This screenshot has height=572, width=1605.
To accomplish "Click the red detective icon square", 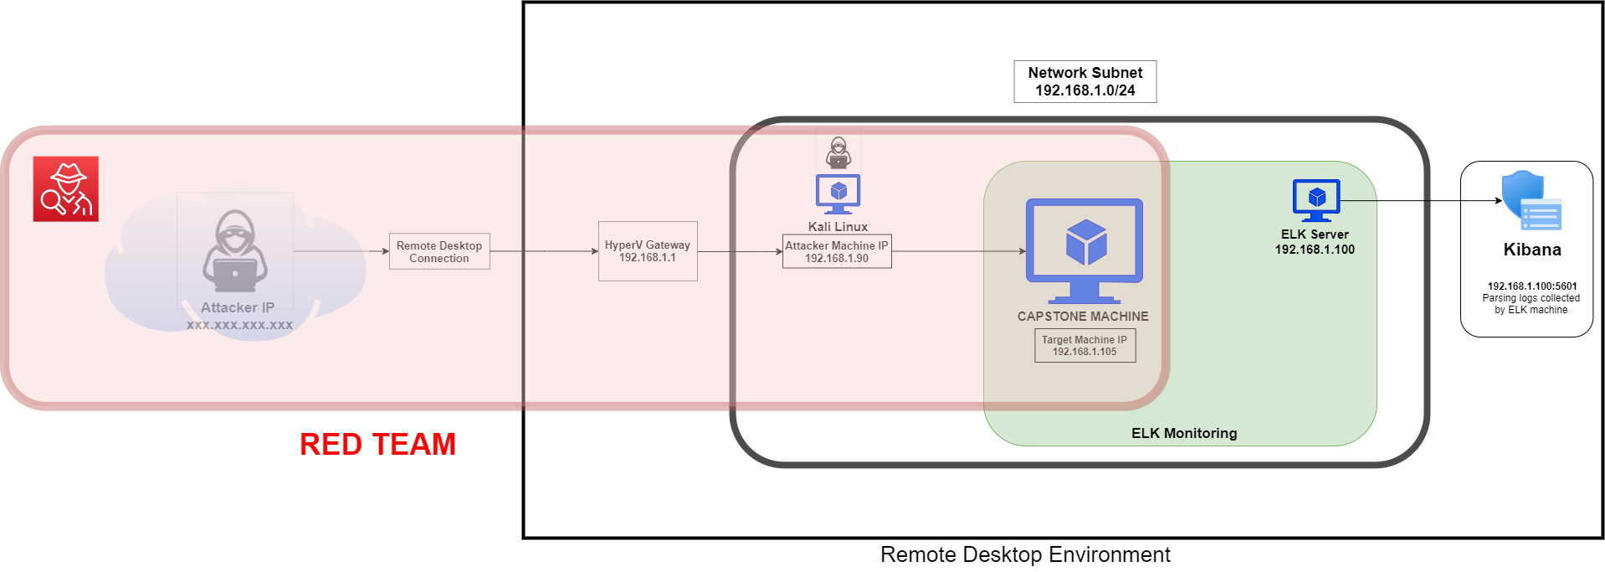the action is click(66, 189).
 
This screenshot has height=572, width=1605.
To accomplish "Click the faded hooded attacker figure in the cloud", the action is click(235, 251).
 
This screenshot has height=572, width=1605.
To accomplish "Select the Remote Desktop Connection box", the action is click(439, 251).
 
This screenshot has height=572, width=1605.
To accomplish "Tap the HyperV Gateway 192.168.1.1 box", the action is click(648, 251).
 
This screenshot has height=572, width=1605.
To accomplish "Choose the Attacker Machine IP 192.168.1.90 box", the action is click(837, 251).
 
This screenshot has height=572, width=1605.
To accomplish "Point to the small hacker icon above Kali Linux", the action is click(838, 152).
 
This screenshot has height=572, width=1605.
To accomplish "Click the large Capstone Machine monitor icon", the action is click(1085, 251).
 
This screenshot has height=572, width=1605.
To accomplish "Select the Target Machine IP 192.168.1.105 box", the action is click(1085, 346).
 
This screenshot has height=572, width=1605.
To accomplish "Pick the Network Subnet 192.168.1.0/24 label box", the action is click(1085, 81).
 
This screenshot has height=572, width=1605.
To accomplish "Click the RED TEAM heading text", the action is click(378, 445).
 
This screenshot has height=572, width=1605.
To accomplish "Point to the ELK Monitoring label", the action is click(1184, 433).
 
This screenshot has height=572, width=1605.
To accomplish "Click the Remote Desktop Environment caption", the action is click(1025, 554).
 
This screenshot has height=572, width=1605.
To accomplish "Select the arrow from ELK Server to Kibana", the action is click(1421, 201).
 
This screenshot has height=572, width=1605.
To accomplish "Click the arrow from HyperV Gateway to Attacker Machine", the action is click(740, 251).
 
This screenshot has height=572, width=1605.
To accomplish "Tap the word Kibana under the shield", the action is click(1532, 250).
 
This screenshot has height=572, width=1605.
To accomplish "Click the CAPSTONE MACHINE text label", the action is click(1083, 317).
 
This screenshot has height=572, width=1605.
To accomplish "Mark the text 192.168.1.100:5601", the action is click(1532, 286).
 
